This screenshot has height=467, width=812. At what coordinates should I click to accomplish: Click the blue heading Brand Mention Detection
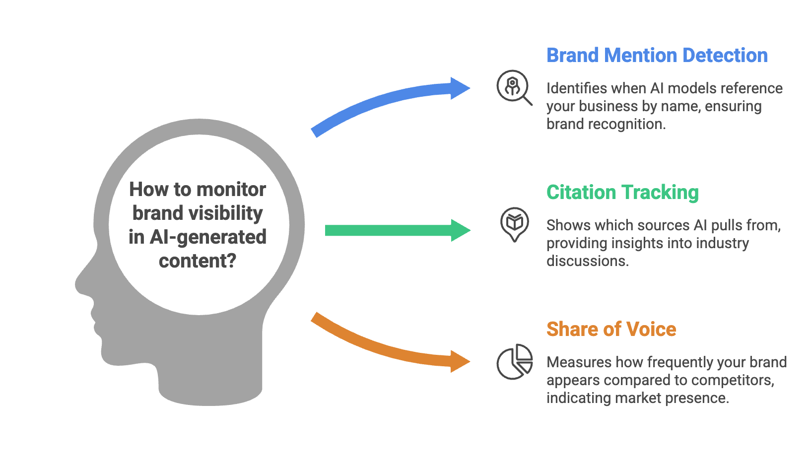(657, 56)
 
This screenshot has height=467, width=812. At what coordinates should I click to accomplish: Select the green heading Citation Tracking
(622, 193)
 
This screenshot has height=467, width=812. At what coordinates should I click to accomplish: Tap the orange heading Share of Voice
(611, 330)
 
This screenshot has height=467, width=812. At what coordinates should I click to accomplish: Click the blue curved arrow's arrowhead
(459, 89)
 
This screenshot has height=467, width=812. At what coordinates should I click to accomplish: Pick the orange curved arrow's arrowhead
(459, 361)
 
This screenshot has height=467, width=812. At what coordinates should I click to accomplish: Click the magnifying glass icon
(514, 87)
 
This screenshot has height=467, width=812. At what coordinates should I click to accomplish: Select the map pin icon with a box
(515, 224)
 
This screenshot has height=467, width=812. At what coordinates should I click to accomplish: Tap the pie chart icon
(515, 362)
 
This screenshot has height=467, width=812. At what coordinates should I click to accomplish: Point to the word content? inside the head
(198, 261)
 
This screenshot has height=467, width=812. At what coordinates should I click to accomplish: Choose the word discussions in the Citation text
(587, 261)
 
